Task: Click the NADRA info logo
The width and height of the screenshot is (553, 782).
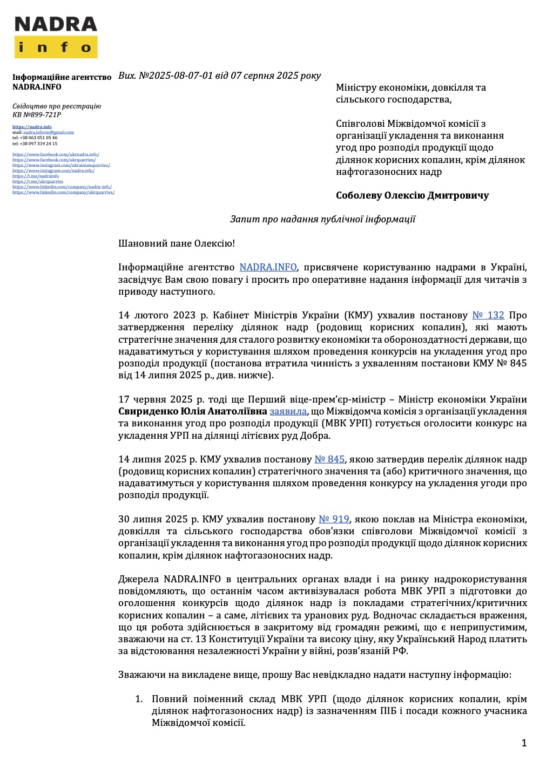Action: click(56, 37)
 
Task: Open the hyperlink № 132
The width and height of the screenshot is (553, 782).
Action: click(488, 315)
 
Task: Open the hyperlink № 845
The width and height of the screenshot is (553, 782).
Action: click(329, 459)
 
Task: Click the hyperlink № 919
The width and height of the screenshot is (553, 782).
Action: click(334, 519)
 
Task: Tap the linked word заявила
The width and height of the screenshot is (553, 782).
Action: click(288, 411)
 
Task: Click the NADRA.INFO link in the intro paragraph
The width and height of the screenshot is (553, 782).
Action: click(268, 267)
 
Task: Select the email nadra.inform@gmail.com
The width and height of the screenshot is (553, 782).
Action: click(49, 132)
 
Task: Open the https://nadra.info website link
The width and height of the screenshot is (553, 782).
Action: click(32, 127)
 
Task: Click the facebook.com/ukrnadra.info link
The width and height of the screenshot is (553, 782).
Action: click(56, 154)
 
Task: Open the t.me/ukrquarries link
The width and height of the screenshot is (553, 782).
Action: click(38, 181)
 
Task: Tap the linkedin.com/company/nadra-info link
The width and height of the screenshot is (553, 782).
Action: click(62, 187)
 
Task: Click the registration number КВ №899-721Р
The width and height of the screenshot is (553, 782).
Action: click(37, 114)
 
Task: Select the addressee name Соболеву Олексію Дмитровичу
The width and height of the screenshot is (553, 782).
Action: click(412, 195)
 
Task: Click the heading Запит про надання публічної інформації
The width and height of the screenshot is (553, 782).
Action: click(322, 219)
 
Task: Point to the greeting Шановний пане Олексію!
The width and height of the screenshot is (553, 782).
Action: click(177, 243)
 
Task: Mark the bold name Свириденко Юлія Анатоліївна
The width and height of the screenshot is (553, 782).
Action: click(192, 411)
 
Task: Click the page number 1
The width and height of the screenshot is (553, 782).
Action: click(524, 743)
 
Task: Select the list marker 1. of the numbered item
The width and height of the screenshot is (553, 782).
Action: click(139, 699)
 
